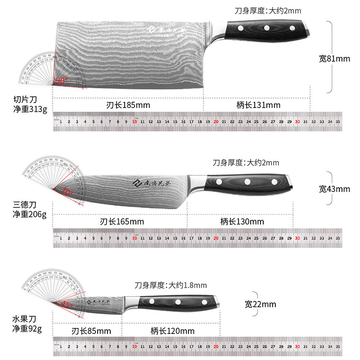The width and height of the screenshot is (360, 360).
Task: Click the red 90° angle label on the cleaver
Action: coord(62,81)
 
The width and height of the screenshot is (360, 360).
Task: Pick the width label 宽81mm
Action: coord(334,58)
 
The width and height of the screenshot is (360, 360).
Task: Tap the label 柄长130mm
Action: coord(242,221)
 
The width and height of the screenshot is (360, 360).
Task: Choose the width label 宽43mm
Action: coord(334,189)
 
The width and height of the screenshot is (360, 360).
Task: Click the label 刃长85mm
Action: coord(91,331)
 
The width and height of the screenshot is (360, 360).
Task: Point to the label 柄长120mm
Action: coord(172,331)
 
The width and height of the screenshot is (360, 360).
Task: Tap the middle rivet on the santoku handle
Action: coord(247,182)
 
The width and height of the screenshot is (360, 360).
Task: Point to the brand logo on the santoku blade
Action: coord(137,183)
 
